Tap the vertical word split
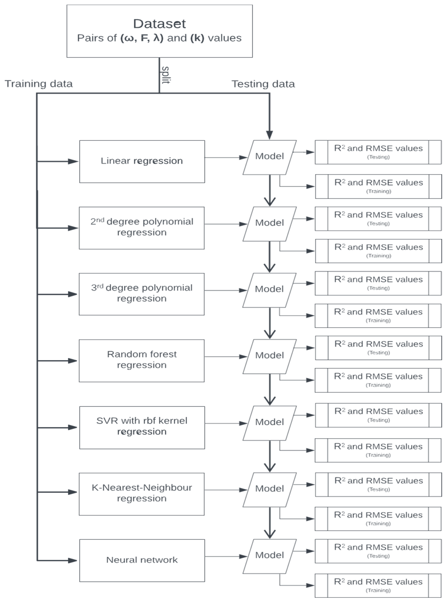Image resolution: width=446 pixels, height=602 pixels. click(165, 75)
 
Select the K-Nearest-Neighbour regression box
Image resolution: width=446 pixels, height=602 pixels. click(142, 493)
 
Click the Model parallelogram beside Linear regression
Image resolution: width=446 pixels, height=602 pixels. click(269, 157)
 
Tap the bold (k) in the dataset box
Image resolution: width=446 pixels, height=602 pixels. click(197, 38)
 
